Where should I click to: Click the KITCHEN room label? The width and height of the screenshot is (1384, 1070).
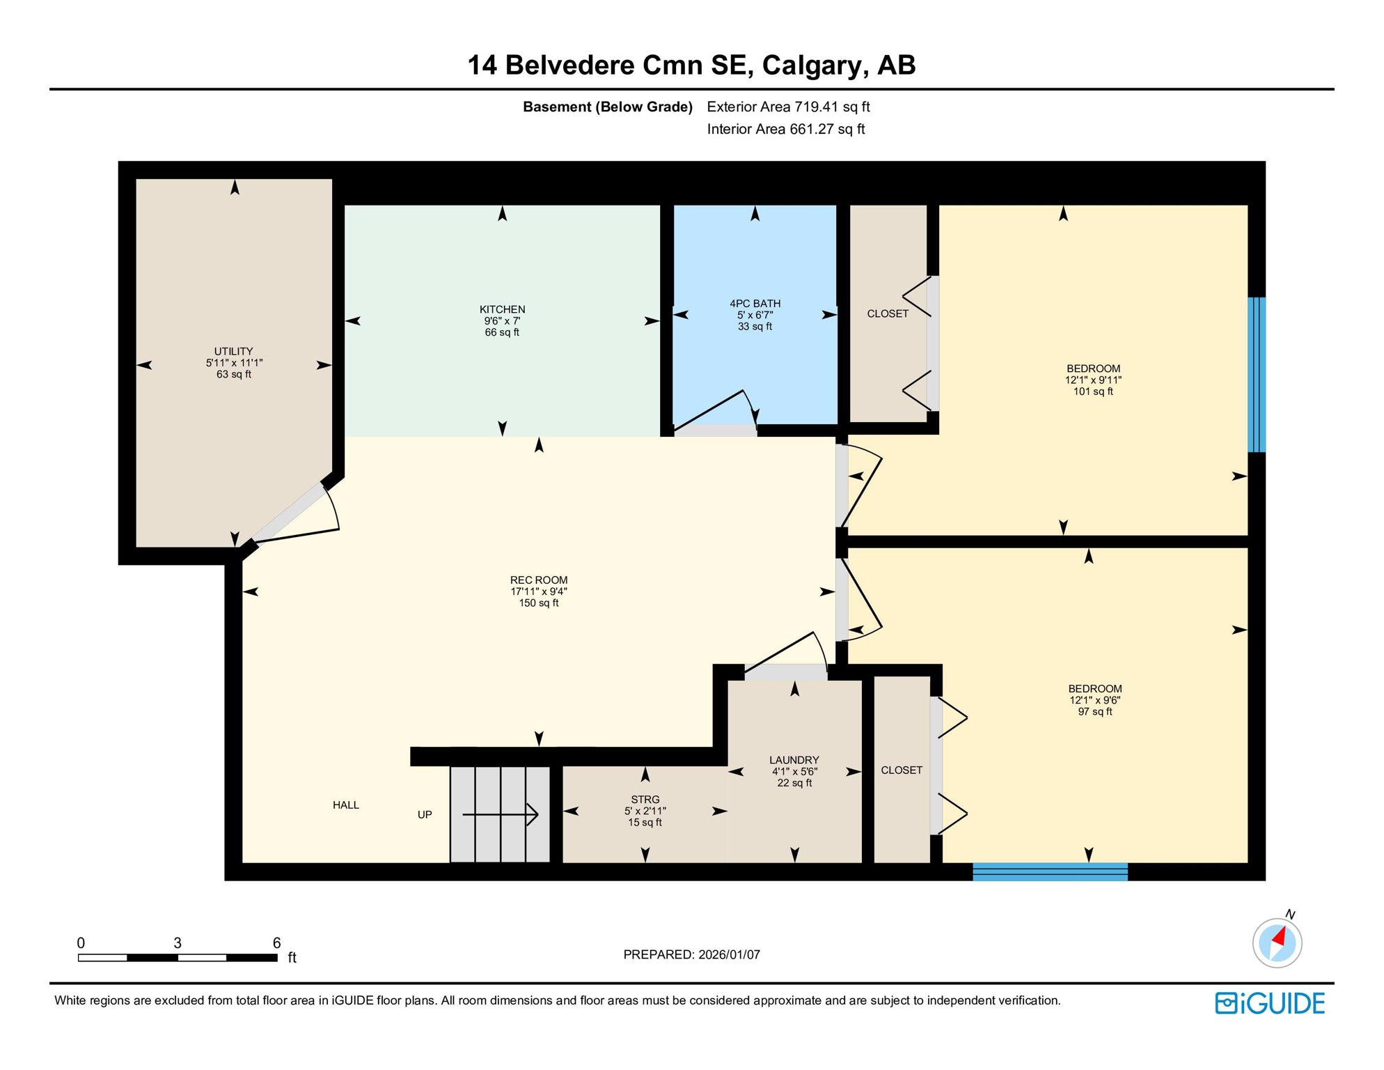tap(502, 309)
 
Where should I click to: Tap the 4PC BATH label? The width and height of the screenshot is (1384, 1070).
tap(755, 304)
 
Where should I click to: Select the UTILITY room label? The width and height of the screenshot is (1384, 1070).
tap(233, 352)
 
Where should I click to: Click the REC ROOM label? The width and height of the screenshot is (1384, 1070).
tap(538, 580)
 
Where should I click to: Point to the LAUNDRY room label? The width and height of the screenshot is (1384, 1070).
tap(794, 760)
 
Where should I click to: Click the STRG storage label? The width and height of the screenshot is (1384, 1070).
tap(645, 800)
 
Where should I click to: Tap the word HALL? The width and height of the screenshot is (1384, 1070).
tap(346, 805)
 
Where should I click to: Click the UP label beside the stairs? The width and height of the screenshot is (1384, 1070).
tap(425, 814)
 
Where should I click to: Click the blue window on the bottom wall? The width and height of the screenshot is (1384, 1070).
tap(1049, 871)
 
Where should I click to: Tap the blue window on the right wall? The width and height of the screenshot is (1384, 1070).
tap(1256, 375)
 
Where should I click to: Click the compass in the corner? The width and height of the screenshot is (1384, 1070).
tap(1277, 943)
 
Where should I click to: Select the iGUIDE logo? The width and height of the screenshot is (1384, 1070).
tap(1270, 1003)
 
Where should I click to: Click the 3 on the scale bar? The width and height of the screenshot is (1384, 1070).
tap(178, 943)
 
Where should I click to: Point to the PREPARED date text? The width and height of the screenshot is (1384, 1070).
tap(691, 955)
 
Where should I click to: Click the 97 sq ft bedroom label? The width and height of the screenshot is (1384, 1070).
tap(1094, 700)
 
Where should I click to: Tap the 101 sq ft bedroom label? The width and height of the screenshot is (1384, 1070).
tap(1093, 380)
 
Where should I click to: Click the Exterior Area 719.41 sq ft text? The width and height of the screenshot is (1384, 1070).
tap(788, 107)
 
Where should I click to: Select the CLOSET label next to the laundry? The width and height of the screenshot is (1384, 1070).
tap(901, 770)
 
